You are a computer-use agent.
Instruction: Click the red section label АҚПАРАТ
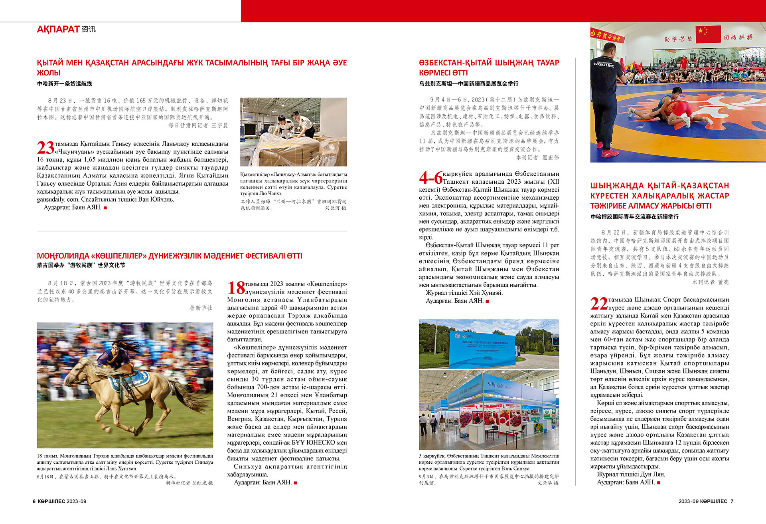point(58,29)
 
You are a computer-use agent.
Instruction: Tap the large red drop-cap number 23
point(45,148)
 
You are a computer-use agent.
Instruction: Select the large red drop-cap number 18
point(236,288)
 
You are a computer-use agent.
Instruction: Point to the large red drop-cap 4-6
point(430,178)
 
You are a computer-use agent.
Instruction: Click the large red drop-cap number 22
point(599,304)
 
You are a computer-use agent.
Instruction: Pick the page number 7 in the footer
point(732,501)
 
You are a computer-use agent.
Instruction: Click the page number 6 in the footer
point(34,501)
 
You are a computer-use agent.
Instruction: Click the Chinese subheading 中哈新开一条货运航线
point(65,83)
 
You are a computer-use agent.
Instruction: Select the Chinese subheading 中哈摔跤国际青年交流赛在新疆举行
point(634,216)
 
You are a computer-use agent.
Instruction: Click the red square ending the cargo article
point(105,208)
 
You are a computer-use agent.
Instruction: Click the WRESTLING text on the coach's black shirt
point(604,65)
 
